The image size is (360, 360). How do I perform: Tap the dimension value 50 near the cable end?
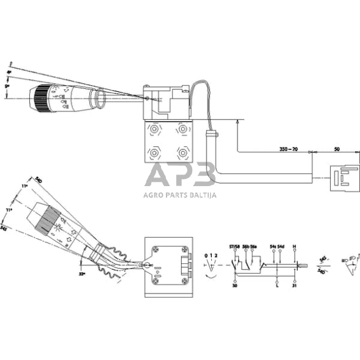coord(336,148)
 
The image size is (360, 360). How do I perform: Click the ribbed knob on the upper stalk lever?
coord(41,99)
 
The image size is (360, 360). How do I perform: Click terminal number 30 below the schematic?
coord(235,285)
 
